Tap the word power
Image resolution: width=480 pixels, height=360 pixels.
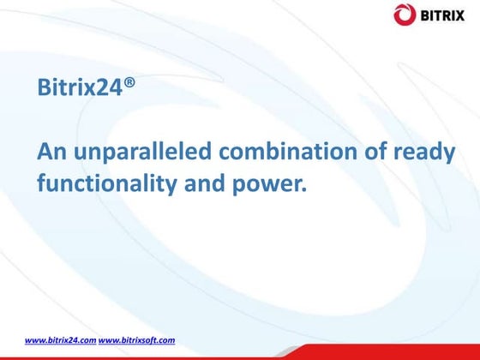pyautogui.click(x=267, y=183)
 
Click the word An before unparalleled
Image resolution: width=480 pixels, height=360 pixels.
pyautogui.click(x=51, y=153)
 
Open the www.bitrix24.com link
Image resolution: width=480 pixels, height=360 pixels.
pyautogui.click(x=60, y=340)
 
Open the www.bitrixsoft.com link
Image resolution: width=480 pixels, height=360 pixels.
pyautogui.click(x=136, y=340)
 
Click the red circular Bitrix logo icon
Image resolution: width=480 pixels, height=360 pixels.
pyautogui.click(x=405, y=14)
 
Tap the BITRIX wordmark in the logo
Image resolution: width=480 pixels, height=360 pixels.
pyautogui.click(x=444, y=14)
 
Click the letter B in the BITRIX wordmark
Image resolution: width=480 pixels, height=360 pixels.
pyautogui.click(x=424, y=14)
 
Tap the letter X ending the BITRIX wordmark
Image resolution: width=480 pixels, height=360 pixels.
pyautogui.click(x=464, y=14)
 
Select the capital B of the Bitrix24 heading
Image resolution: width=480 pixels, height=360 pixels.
pyautogui.click(x=44, y=87)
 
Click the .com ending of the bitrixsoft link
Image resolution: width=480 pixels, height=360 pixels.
pyautogui.click(x=166, y=340)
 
